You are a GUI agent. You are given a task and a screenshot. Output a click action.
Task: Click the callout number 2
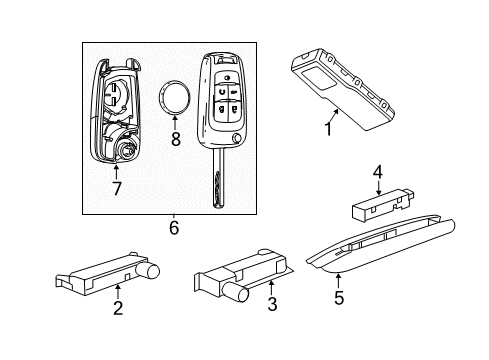[118, 309]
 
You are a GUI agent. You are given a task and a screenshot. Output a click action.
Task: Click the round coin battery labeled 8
[177, 98]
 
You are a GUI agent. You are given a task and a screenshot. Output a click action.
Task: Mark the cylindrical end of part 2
[154, 268]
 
